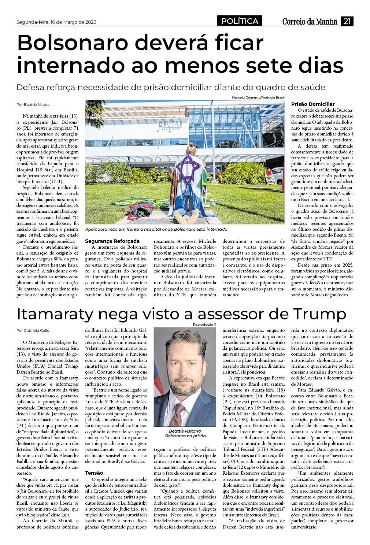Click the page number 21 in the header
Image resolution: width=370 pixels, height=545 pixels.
347,21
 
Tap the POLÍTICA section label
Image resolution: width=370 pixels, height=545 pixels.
240,21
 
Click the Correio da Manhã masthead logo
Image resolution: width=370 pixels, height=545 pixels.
310,22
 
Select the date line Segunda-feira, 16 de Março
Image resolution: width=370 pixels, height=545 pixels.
56,22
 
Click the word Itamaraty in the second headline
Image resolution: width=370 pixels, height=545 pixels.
60,314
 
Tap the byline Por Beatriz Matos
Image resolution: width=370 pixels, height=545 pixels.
33,104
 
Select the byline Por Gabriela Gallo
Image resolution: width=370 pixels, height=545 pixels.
33,330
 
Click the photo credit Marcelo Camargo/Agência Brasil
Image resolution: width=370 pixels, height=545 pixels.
258,97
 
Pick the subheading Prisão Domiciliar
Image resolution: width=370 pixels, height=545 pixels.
313,104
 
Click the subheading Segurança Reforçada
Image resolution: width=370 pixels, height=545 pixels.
112,241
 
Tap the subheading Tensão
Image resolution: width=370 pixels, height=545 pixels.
94,473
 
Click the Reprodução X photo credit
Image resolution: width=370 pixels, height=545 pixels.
204,325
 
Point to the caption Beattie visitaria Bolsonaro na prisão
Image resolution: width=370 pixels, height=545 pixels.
185,433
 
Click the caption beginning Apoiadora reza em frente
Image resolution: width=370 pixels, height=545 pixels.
156,229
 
